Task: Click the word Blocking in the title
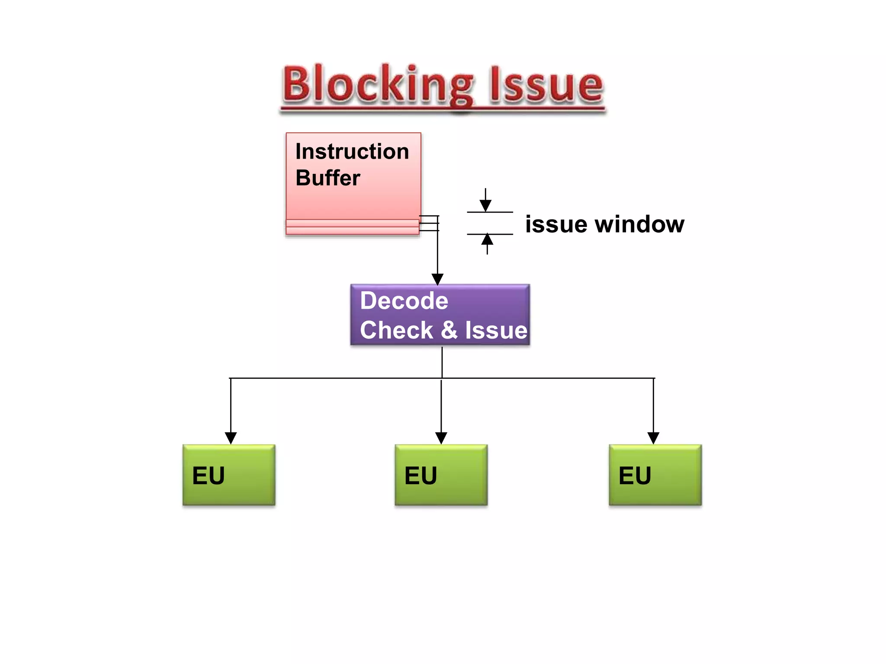(x=379, y=84)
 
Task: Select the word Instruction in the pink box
(x=352, y=151)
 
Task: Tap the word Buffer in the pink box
(x=328, y=178)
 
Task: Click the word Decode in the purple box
(x=404, y=300)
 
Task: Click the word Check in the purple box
(x=396, y=330)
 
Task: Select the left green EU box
(x=229, y=475)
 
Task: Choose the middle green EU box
(x=441, y=475)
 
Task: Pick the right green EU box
(x=655, y=475)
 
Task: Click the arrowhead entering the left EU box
(x=231, y=438)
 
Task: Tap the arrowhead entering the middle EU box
(x=441, y=438)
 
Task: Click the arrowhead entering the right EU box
(x=653, y=438)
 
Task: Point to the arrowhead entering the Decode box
(x=437, y=279)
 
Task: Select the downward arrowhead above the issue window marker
(x=485, y=205)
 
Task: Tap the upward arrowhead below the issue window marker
(x=487, y=239)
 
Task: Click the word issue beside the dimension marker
(x=556, y=224)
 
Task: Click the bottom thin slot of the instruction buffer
(x=352, y=231)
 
